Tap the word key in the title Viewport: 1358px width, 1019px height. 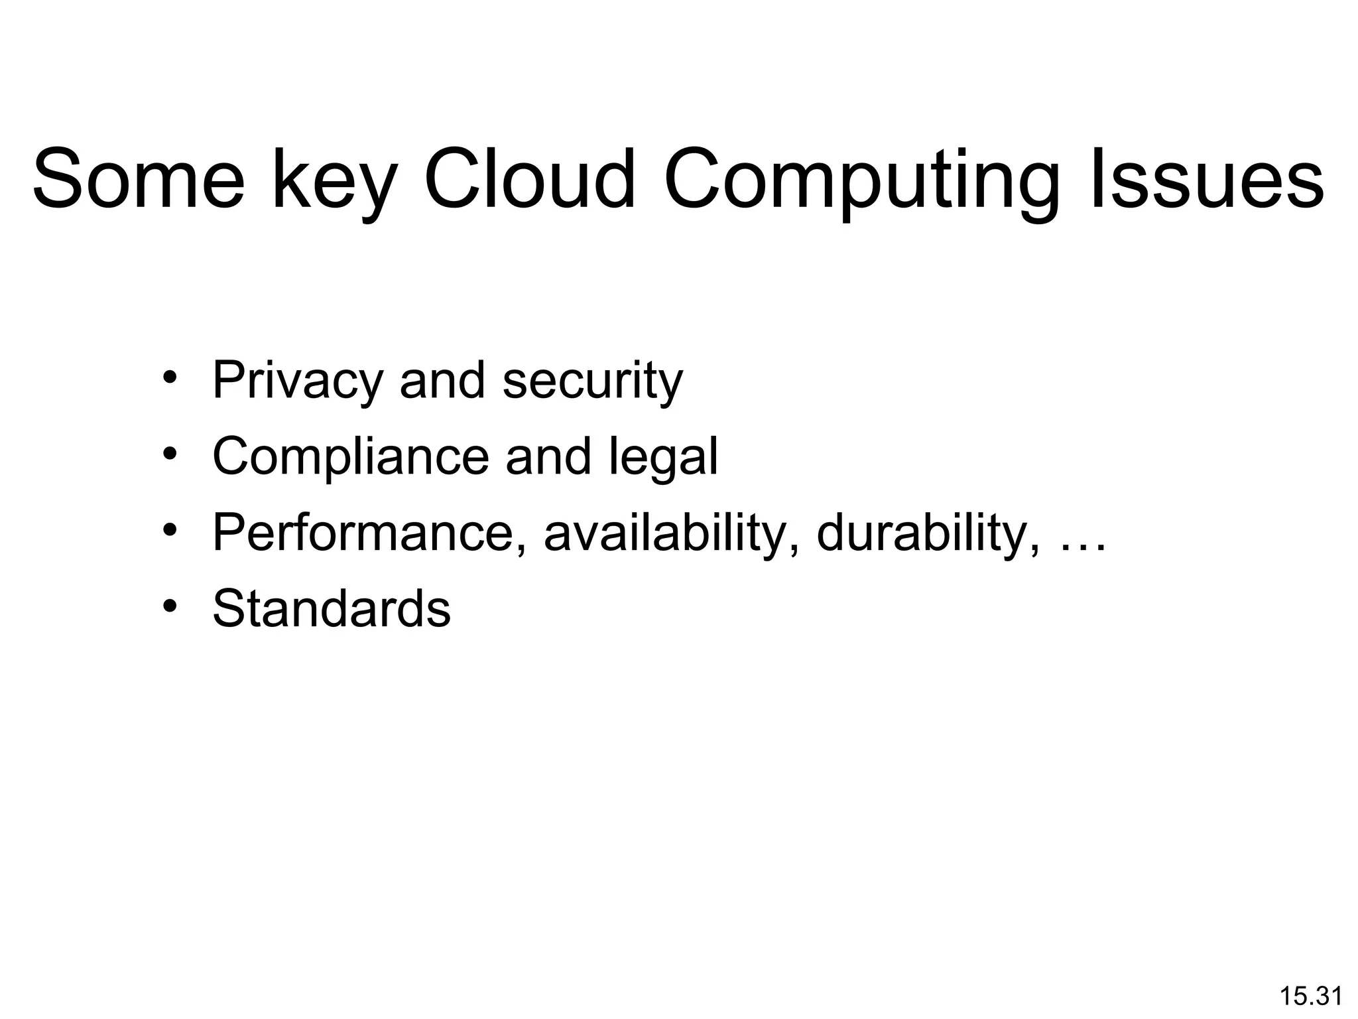click(335, 182)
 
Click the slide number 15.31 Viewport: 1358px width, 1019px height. click(1310, 996)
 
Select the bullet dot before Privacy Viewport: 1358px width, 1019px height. click(170, 378)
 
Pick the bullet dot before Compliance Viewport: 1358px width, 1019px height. click(170, 454)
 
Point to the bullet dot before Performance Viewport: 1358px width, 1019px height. click(170, 531)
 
